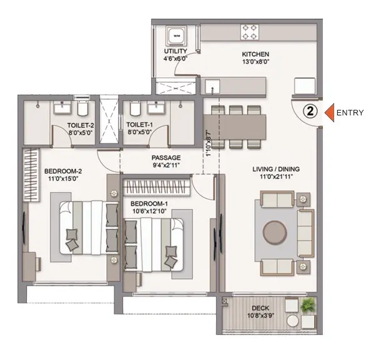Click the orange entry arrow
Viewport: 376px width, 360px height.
pyautogui.click(x=330, y=112)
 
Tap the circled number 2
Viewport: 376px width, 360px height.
pyautogui.click(x=310, y=112)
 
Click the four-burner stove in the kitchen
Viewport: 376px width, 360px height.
pyautogui.click(x=250, y=32)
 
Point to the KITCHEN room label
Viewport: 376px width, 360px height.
pyautogui.click(x=255, y=54)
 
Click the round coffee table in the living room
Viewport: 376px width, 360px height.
pyautogui.click(x=275, y=233)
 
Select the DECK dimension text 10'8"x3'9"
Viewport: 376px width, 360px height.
pyautogui.click(x=260, y=316)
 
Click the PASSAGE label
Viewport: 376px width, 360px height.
pyautogui.click(x=166, y=158)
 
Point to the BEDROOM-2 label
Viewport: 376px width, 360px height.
pyautogui.click(x=63, y=171)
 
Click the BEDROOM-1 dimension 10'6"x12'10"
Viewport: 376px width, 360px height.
pyautogui.click(x=150, y=211)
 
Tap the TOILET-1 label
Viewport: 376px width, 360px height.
pyautogui.click(x=139, y=125)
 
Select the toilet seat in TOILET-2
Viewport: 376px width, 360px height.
pyautogui.click(x=83, y=109)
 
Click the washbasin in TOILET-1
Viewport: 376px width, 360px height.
pyautogui.click(x=156, y=107)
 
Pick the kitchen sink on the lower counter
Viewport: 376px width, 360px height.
pyautogui.click(x=212, y=87)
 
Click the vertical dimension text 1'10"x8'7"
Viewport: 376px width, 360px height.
pyautogui.click(x=209, y=144)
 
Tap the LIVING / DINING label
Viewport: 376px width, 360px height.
pyautogui.click(x=276, y=169)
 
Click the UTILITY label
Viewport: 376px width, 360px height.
pyautogui.click(x=176, y=51)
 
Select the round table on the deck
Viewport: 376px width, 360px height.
pyautogui.click(x=293, y=321)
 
